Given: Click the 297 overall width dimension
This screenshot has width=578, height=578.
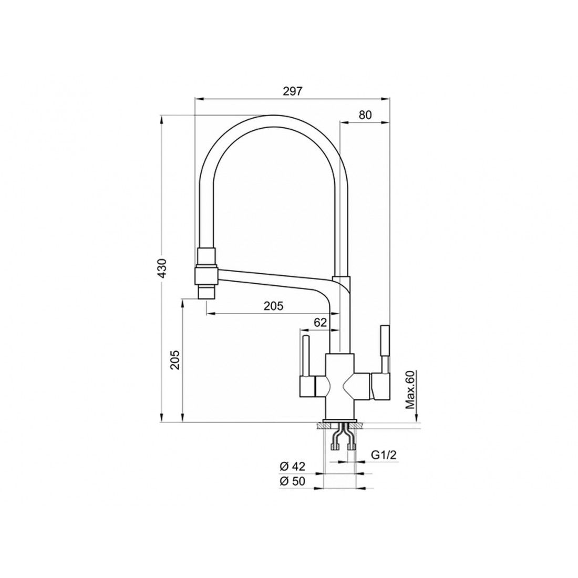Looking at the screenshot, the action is click(292, 91).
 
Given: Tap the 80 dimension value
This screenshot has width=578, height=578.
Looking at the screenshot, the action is click(365, 115).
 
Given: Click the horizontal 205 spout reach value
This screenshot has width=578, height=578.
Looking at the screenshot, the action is click(274, 306).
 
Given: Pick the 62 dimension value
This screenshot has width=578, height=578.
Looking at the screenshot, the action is click(320, 323).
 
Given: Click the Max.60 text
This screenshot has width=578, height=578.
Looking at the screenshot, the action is click(410, 390).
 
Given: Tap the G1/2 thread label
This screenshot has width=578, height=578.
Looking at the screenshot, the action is click(384, 455).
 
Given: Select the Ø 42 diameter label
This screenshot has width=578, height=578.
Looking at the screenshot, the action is click(293, 466).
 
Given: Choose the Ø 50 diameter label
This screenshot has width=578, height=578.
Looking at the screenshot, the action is click(293, 481).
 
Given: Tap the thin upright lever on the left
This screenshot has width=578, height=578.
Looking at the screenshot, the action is click(306, 356).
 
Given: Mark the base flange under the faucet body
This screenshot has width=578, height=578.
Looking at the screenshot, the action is click(339, 420).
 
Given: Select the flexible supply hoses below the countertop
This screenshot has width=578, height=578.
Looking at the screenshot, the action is click(343, 437).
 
